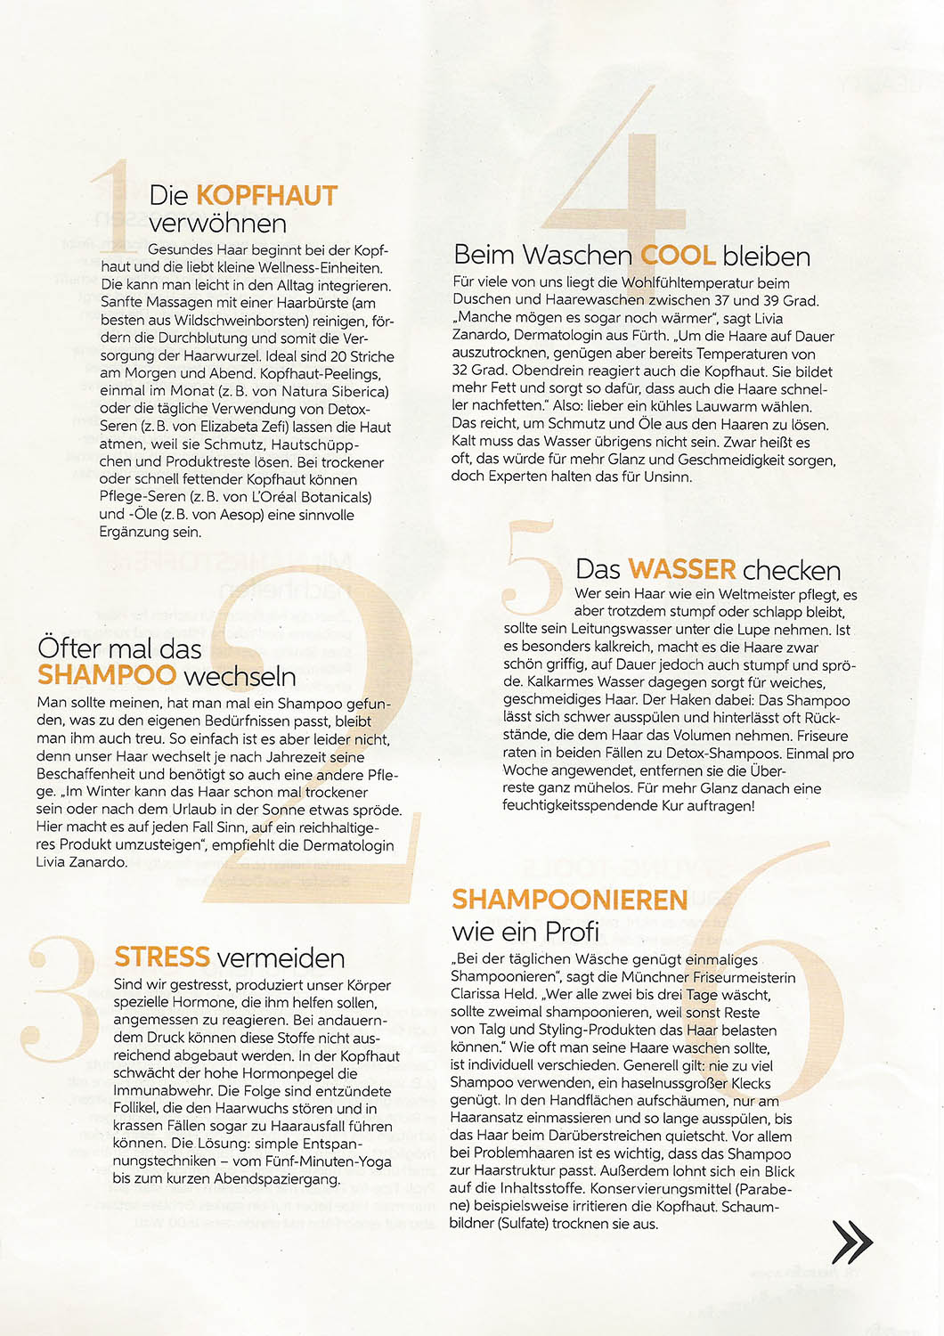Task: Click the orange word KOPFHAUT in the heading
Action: pyautogui.click(x=266, y=195)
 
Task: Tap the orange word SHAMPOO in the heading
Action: pyautogui.click(x=107, y=675)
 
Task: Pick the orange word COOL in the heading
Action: pyautogui.click(x=678, y=256)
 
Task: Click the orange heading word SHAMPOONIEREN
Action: pyautogui.click(x=569, y=900)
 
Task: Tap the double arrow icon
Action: pyautogui.click(x=852, y=1241)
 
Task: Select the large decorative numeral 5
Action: pyautogui.click(x=532, y=570)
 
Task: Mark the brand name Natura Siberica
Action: pyautogui.click(x=334, y=391)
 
